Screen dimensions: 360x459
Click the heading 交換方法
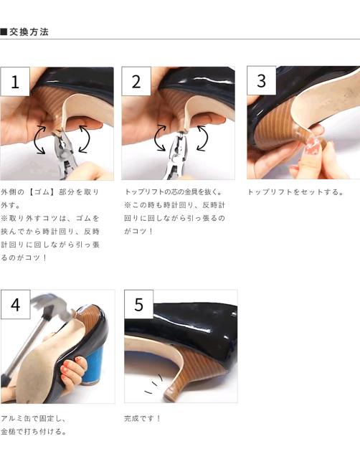(29, 32)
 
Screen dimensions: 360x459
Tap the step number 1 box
(15, 82)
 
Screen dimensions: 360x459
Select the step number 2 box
(136, 81)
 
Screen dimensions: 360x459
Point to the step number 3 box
(261, 80)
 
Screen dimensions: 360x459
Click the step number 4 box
(15, 304)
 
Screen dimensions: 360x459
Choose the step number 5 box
(138, 304)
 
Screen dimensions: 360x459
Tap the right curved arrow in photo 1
(85, 139)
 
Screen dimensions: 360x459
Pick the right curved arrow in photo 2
(203, 138)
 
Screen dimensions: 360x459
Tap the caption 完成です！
(142, 418)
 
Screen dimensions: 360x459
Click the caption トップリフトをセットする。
(295, 192)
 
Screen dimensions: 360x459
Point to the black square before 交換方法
(4, 32)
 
